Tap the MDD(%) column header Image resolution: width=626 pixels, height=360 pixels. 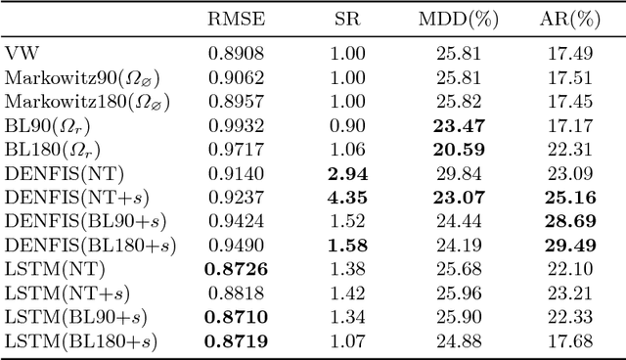pyautogui.click(x=454, y=20)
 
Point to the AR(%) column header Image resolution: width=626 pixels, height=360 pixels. pyautogui.click(x=565, y=20)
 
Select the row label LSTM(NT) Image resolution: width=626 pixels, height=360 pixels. pyautogui.click(x=54, y=268)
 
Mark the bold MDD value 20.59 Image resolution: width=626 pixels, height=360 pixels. pyautogui.click(x=454, y=149)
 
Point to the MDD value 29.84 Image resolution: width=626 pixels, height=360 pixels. pyautogui.click(x=454, y=173)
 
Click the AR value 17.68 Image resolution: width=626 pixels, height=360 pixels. pyautogui.click(x=565, y=340)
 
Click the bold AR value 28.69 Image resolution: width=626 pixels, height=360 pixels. pyautogui.click(x=565, y=220)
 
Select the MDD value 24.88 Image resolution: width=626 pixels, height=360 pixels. pyautogui.click(x=454, y=340)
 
